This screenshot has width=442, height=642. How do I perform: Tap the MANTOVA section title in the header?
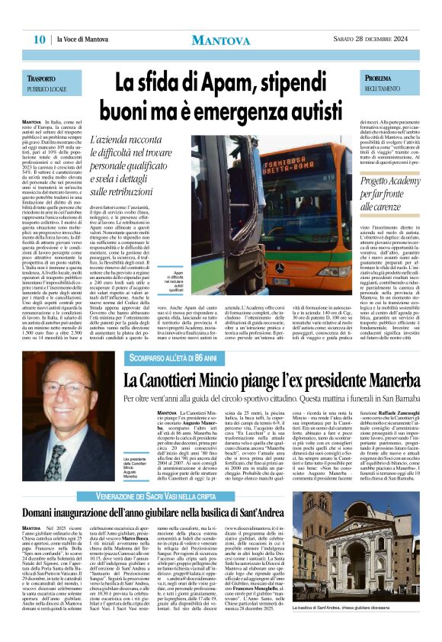pyautogui.click(x=221, y=40)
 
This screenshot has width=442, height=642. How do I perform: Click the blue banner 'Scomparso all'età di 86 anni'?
pyautogui.click(x=165, y=357)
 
